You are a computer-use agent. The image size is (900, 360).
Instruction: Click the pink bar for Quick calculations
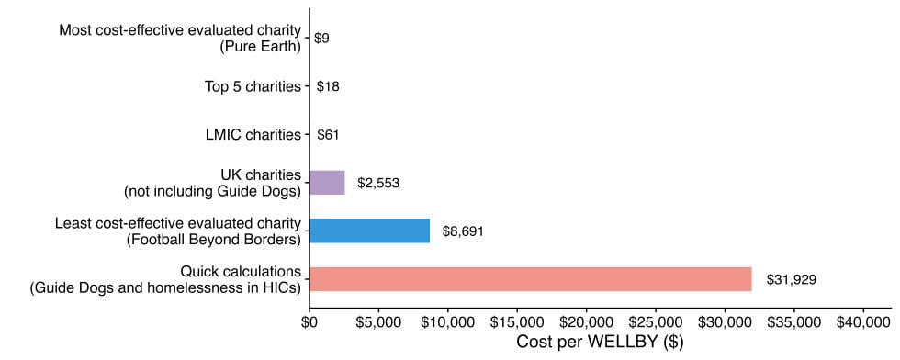(x=530, y=278)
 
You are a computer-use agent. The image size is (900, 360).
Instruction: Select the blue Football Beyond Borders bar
(x=369, y=231)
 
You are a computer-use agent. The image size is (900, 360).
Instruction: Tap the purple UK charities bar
(x=327, y=183)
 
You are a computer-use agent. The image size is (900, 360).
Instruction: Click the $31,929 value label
(x=792, y=279)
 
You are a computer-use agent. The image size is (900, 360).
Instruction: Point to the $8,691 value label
(x=463, y=231)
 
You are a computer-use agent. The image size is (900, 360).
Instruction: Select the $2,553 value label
(x=377, y=184)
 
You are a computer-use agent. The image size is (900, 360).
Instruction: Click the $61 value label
(x=328, y=135)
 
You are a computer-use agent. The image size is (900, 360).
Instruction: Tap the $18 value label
(x=328, y=87)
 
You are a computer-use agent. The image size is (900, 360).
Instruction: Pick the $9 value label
(x=321, y=39)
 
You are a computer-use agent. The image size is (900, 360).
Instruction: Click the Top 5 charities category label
(x=253, y=87)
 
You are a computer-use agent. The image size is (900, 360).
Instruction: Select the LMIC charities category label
(x=253, y=135)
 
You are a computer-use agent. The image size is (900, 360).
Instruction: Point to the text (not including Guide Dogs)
(x=212, y=191)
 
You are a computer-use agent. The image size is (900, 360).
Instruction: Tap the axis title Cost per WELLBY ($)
(x=600, y=343)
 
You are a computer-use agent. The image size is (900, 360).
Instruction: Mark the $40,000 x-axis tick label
(x=863, y=321)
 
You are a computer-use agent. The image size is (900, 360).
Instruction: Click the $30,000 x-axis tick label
(x=725, y=321)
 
